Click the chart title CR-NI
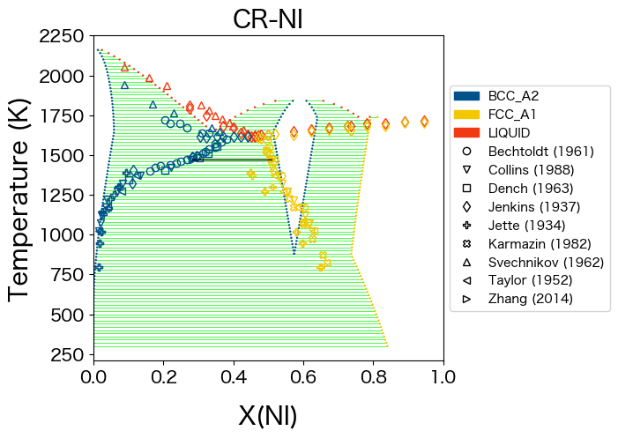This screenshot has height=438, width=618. [268, 19]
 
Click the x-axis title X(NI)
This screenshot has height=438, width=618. [268, 415]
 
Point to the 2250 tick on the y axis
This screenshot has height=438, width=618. [63, 36]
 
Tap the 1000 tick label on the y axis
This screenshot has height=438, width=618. [63, 235]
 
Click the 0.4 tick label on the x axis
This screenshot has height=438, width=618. [234, 376]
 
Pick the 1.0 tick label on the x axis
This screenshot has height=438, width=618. [443, 376]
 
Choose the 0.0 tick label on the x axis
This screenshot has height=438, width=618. [94, 376]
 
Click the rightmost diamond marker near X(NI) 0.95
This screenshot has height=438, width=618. [424, 122]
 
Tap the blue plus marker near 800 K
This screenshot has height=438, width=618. [99, 267]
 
